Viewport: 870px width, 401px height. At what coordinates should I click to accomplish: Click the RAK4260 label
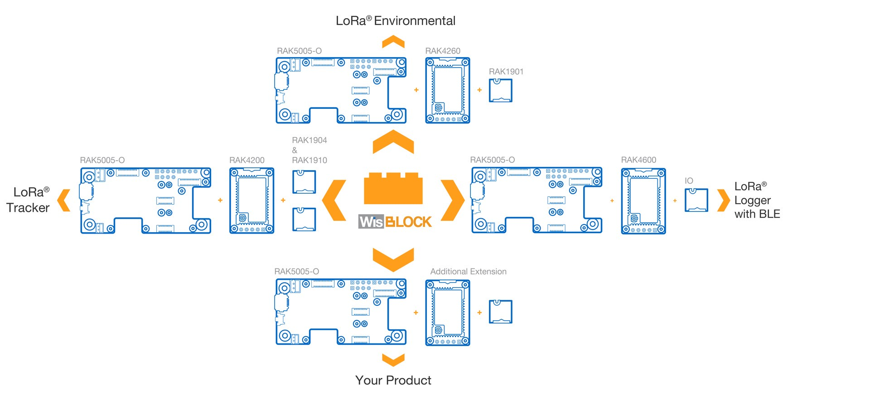[x=443, y=51]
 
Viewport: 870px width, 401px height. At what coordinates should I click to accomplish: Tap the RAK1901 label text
[x=506, y=72]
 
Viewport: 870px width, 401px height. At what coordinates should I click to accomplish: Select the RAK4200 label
[x=247, y=160]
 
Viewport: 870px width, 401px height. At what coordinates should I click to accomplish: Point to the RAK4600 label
[x=638, y=160]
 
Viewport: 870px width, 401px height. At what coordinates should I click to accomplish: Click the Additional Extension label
[x=469, y=271]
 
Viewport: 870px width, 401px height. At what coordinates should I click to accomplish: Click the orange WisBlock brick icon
[x=393, y=188]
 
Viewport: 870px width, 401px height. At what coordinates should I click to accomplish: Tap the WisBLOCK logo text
[x=395, y=221]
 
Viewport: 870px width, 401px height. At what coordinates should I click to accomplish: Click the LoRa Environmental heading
[x=396, y=21]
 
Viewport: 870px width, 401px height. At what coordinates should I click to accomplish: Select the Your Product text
[x=393, y=380]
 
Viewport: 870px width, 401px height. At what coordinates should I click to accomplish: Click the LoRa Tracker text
[x=28, y=200]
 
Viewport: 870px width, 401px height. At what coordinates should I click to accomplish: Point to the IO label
[x=689, y=181]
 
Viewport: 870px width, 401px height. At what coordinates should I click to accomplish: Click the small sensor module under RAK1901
[x=501, y=90]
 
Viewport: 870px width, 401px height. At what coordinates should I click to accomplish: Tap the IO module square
[x=696, y=200]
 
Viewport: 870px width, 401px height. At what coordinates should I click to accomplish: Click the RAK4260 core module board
[x=448, y=90]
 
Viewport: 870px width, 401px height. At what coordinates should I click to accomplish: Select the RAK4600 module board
[x=643, y=201]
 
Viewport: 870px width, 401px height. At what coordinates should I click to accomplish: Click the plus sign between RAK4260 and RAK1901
[x=479, y=90]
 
